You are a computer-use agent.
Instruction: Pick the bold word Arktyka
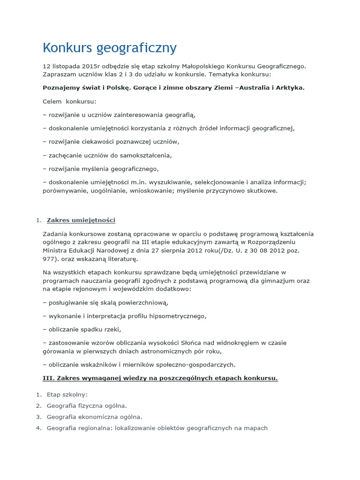(x=290, y=88)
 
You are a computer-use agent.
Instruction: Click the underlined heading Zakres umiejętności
(x=81, y=220)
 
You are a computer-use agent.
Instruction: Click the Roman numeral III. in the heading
(x=49, y=378)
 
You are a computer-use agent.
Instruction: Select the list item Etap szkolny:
(x=67, y=395)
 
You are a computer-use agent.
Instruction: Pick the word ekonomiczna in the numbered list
(x=99, y=417)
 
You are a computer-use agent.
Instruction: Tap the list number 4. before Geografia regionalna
(x=38, y=428)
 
